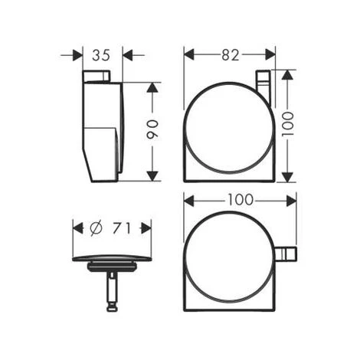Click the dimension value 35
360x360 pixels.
pos(101,55)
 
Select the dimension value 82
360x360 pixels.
pos(231,55)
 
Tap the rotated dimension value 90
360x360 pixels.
pos(152,129)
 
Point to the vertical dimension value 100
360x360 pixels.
pos(287,124)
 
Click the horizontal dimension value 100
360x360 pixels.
pos(241,200)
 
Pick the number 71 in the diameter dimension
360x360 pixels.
pos(122,228)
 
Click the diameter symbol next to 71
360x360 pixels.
pos(97,227)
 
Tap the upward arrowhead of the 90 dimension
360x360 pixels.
pos(152,87)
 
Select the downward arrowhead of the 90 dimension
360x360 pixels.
pos(152,176)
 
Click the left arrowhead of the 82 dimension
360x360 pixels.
pos(189,55)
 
